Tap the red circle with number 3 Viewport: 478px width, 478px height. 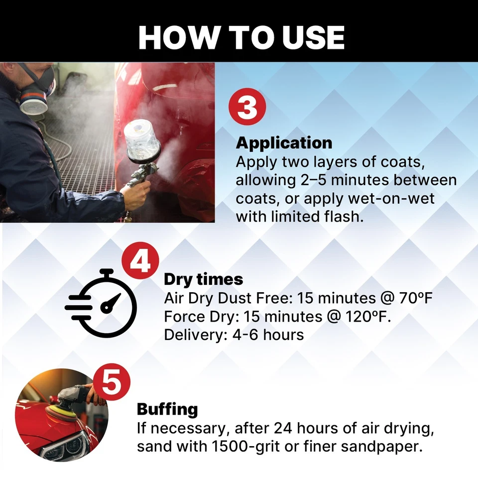coord(247,108)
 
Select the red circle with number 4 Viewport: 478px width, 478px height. coord(141,262)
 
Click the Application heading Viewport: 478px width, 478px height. coord(284,143)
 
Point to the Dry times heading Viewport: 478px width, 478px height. coord(203,279)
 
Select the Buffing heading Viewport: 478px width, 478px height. coord(167,409)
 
